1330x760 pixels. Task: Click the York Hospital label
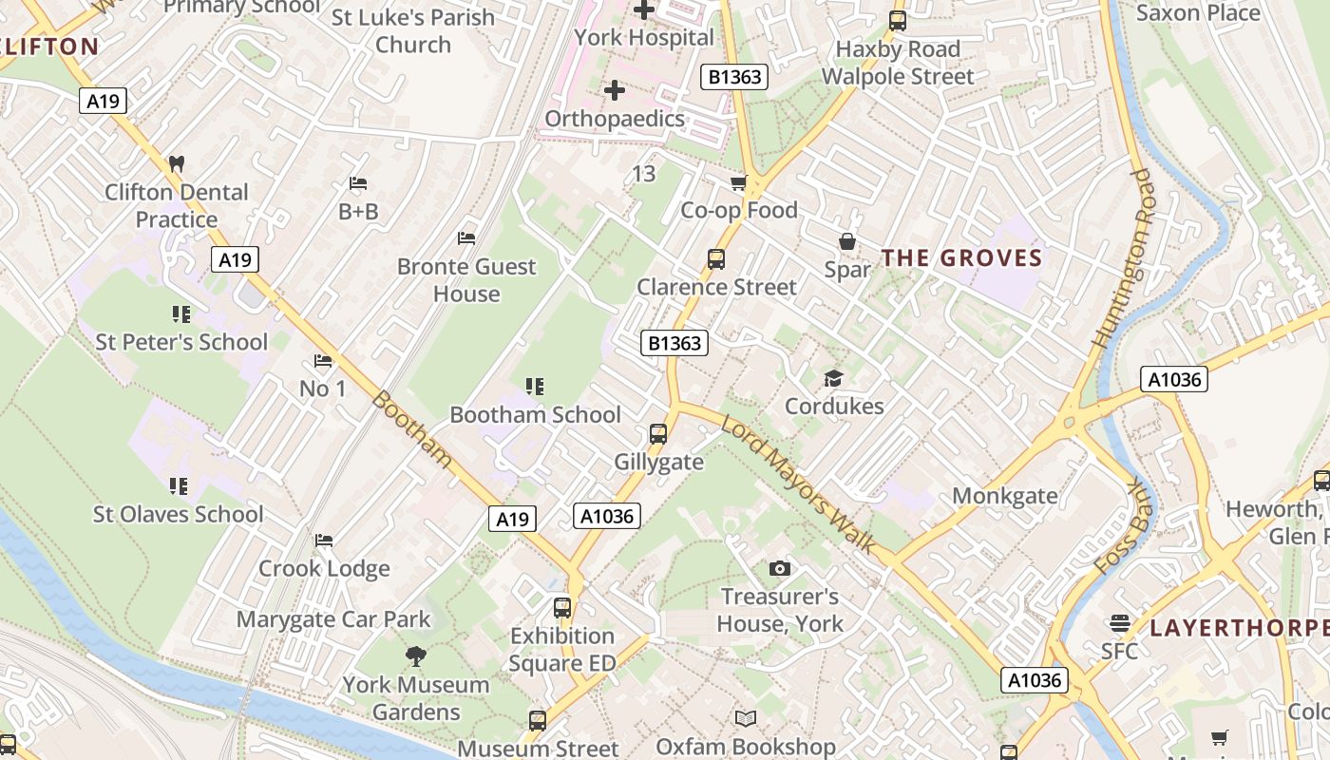pos(644,38)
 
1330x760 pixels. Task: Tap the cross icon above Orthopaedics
pos(615,90)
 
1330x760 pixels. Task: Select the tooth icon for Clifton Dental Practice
pos(176,163)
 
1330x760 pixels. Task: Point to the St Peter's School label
pos(181,342)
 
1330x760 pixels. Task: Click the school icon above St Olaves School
pos(179,486)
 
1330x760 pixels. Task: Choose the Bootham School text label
pos(535,414)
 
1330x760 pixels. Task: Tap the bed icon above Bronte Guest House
pos(466,237)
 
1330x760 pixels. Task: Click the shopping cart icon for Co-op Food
pos(738,182)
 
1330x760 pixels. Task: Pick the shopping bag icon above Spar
pos(847,241)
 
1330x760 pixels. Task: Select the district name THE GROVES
pos(961,258)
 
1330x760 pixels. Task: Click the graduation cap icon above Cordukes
pos(833,379)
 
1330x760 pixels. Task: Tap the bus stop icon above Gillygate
pos(658,434)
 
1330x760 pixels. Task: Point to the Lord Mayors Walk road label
pos(797,484)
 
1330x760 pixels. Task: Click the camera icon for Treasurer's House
pos(780,568)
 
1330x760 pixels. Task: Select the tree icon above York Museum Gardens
pos(415,655)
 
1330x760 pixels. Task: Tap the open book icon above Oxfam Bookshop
pos(746,719)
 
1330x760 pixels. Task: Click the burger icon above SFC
pos(1119,623)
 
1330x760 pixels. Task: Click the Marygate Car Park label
pos(333,619)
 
